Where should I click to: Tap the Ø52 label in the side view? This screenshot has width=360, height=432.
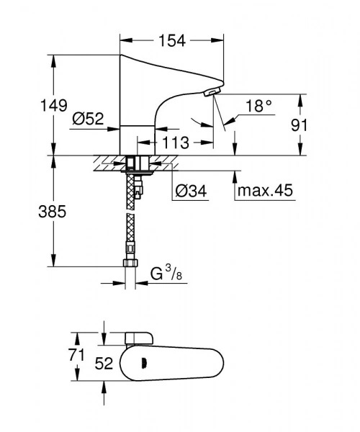(88, 120)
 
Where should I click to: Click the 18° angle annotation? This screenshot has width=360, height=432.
(259, 106)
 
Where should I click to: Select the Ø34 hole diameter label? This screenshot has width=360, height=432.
(190, 191)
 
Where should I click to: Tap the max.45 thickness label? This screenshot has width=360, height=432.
(265, 192)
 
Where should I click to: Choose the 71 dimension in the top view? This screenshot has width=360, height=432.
(76, 354)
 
